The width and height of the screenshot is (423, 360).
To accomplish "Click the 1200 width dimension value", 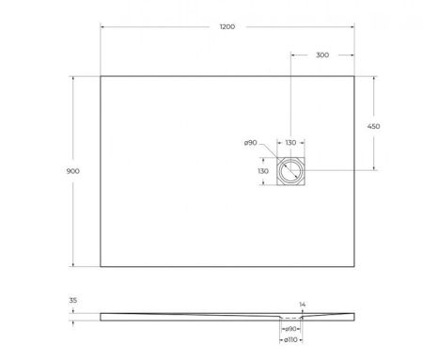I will click(x=226, y=27).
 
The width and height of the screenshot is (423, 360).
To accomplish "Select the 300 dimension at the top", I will click(x=322, y=56).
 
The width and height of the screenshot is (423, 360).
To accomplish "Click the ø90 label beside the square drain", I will click(x=251, y=143).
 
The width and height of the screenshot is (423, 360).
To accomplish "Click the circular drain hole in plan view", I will click(x=291, y=170).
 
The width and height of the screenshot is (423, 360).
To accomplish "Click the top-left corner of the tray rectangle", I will click(x=101, y=76).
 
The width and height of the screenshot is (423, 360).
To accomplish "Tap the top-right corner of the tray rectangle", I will click(x=353, y=76).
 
